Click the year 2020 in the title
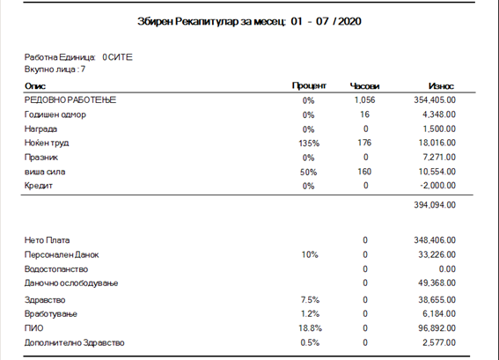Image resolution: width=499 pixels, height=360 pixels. click(x=349, y=21)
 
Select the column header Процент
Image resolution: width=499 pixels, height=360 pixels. click(x=309, y=85)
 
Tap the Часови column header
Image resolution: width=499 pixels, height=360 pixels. click(x=364, y=86)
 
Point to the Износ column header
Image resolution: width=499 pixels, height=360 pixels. click(x=441, y=86)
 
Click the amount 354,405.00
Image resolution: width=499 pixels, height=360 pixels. click(x=435, y=100)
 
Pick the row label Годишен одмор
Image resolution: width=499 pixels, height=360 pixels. click(x=55, y=114)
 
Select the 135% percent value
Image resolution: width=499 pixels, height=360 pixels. click(x=309, y=143)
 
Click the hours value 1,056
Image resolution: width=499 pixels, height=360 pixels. click(x=364, y=100)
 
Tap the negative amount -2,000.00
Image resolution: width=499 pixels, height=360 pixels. click(x=438, y=186)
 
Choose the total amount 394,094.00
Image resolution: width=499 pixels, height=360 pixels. click(x=435, y=205)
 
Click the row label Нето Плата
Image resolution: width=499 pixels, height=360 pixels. click(x=48, y=240)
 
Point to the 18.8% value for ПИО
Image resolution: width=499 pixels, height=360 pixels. click(x=310, y=328)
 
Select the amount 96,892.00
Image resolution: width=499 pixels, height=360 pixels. click(x=437, y=328)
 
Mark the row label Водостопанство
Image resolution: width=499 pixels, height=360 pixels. click(x=56, y=269)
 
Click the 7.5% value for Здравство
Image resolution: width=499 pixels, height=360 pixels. click(x=310, y=300)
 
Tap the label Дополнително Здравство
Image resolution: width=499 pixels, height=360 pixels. click(x=75, y=342)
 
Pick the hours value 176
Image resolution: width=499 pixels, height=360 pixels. click(x=364, y=143)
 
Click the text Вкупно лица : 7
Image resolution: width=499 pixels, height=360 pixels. click(x=55, y=70)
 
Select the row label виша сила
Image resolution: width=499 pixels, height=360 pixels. click(x=45, y=172)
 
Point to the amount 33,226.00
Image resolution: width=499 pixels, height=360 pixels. click(x=437, y=254)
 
